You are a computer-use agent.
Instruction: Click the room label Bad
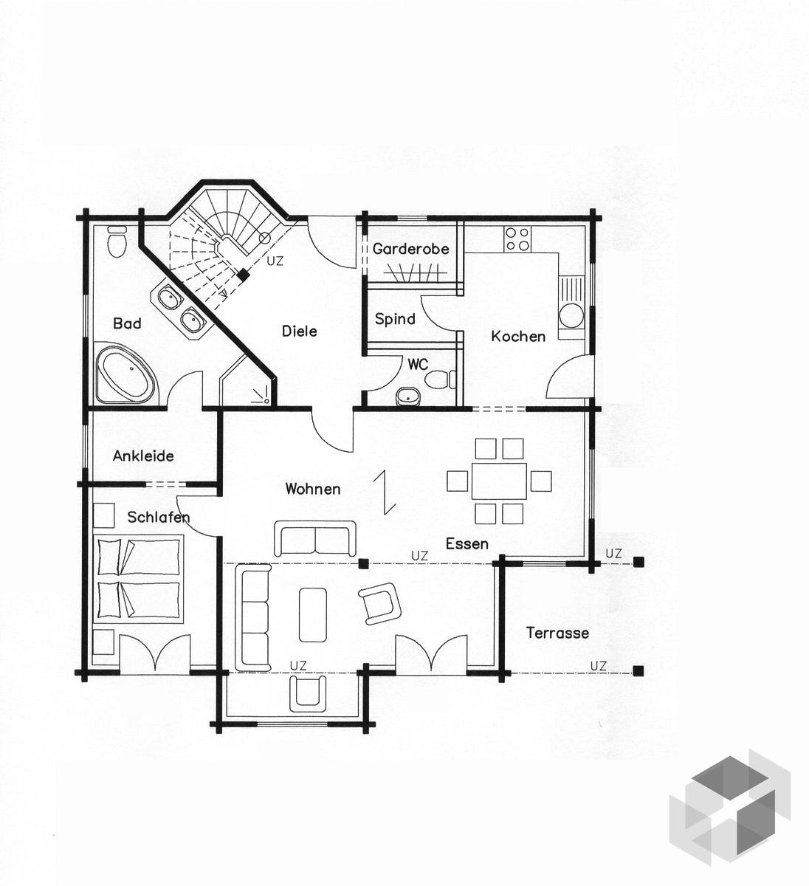point(127,323)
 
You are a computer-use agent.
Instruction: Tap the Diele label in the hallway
point(300,331)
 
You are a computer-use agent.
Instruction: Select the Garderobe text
point(410,249)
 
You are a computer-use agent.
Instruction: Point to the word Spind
point(395,319)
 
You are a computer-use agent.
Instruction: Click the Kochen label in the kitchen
point(518,336)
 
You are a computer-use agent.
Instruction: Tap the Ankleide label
point(143,456)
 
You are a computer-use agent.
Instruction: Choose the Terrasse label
point(557,633)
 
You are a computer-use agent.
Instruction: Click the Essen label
point(467,543)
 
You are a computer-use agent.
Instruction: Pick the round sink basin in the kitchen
point(572,316)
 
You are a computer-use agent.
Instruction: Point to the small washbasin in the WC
point(408,396)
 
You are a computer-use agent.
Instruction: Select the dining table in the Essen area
point(499,481)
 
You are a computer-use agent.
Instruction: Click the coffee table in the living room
point(313,615)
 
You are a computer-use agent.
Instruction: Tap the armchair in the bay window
point(308,693)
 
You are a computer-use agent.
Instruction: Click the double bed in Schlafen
point(138,579)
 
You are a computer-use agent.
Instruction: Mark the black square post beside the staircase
point(243,275)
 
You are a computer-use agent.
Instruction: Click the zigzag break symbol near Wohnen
point(385,492)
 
